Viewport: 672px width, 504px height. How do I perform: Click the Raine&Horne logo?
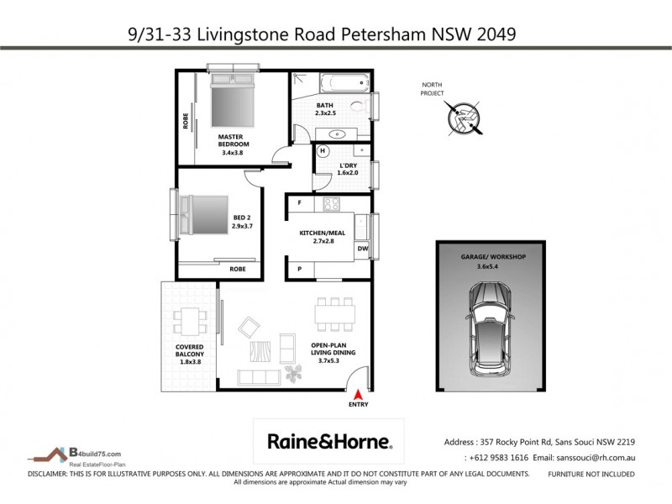click(329, 441)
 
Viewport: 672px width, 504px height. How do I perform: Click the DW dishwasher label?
click(362, 249)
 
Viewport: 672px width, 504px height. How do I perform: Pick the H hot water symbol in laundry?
click(322, 151)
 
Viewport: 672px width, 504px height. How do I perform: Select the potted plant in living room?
click(294, 370)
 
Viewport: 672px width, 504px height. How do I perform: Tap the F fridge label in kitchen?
click(300, 203)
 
